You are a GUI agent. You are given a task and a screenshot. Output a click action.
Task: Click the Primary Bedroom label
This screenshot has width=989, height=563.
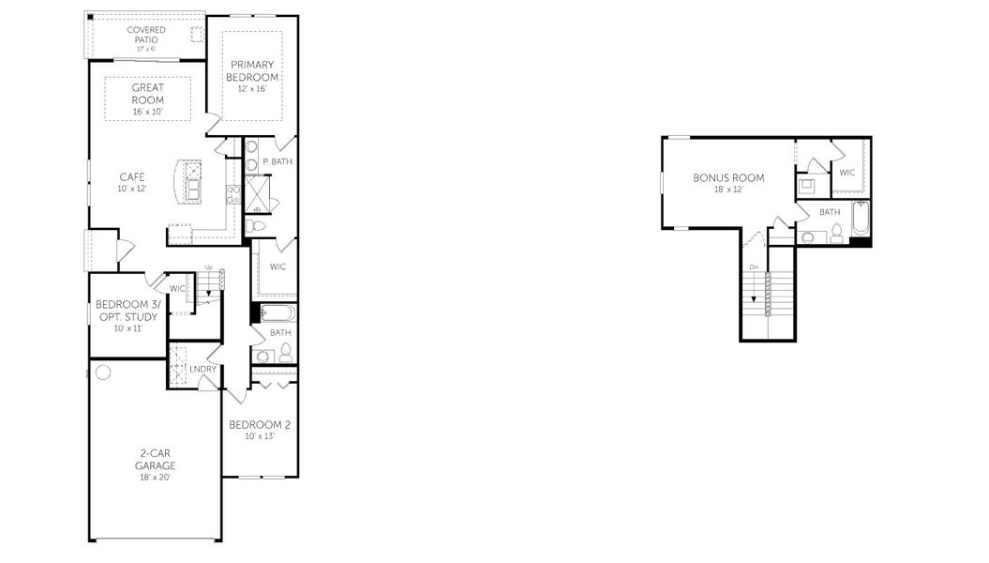click(x=252, y=71)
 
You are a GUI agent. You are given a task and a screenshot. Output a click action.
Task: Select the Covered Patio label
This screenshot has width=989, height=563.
click(x=146, y=36)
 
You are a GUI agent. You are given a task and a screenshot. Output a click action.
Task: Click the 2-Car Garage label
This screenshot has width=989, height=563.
click(x=155, y=459)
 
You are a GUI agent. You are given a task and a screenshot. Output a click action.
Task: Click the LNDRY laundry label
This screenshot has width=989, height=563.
click(x=202, y=369)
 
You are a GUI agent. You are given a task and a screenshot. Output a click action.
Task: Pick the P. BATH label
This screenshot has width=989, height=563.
click(x=277, y=161)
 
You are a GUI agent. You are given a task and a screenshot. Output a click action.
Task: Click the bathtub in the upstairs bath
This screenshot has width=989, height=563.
click(x=860, y=219)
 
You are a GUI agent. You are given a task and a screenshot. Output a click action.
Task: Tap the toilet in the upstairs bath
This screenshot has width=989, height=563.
click(x=836, y=233)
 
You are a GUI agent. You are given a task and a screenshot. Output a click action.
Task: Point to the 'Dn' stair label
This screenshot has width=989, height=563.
click(x=753, y=267)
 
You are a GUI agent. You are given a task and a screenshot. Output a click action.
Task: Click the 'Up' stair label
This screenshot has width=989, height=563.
click(x=208, y=267)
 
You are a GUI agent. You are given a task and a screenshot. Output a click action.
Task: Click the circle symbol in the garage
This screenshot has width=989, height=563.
click(x=103, y=373)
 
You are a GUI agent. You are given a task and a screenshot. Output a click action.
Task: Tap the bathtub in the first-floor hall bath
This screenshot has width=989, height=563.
click(x=277, y=313)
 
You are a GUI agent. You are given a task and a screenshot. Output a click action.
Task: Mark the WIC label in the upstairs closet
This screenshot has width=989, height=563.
click(x=847, y=173)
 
